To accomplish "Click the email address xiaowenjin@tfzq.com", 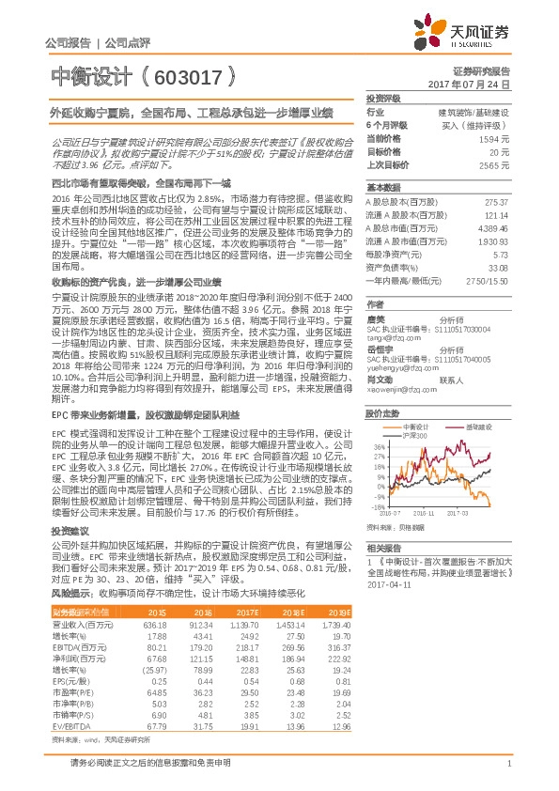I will pos(401,390).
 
